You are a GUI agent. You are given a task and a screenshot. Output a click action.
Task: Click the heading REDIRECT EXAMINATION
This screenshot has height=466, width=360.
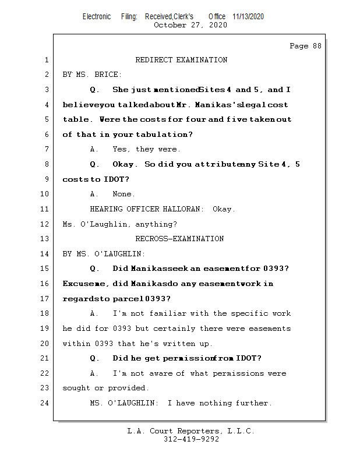tap(181, 60)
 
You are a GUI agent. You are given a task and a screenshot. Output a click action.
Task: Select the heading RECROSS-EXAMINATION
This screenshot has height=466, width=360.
tap(179, 239)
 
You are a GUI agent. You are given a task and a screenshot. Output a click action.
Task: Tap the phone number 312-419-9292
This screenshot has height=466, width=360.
tap(191, 439)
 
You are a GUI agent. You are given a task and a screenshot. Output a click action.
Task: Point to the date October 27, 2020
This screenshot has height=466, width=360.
tap(190, 25)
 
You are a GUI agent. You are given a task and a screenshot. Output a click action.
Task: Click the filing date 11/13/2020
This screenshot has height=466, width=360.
tap(248, 17)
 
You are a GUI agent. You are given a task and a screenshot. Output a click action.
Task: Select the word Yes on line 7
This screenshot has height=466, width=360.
tap(121, 150)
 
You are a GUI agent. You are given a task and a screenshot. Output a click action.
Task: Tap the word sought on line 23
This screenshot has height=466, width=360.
tap(76, 389)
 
